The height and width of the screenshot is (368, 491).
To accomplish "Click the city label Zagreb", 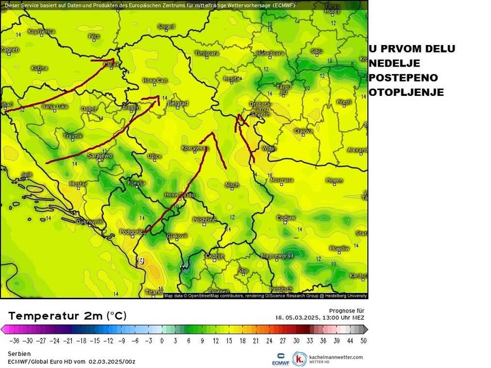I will [x=9, y=50].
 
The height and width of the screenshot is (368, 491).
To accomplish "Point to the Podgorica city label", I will [x=130, y=232].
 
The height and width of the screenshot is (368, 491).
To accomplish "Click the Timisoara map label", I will [x=208, y=53].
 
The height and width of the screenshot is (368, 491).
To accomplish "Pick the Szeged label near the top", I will [x=166, y=27].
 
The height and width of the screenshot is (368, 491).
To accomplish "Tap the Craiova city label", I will [x=303, y=131].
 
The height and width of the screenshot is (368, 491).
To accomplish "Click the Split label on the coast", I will [x=26, y=174].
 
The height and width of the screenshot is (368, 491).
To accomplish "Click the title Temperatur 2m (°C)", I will [x=67, y=316].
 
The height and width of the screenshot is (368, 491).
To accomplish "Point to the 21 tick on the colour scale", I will [x=256, y=341].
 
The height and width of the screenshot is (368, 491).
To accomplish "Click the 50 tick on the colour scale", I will [x=363, y=341].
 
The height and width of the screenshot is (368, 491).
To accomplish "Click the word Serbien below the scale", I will [x=19, y=354].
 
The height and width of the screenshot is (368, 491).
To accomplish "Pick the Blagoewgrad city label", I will [x=277, y=255].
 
